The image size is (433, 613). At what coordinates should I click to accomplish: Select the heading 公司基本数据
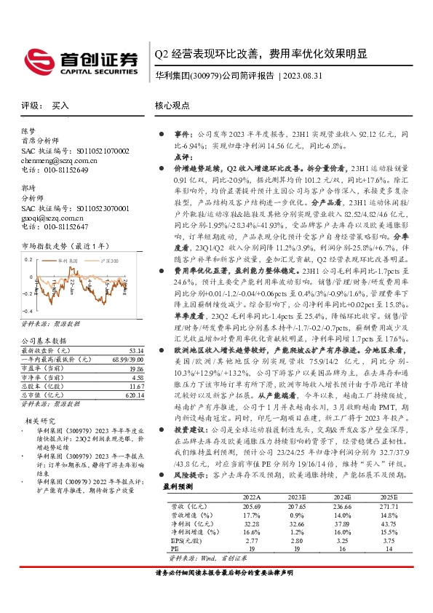[44, 340]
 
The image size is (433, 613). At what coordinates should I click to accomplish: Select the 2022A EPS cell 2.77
[252, 541]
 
